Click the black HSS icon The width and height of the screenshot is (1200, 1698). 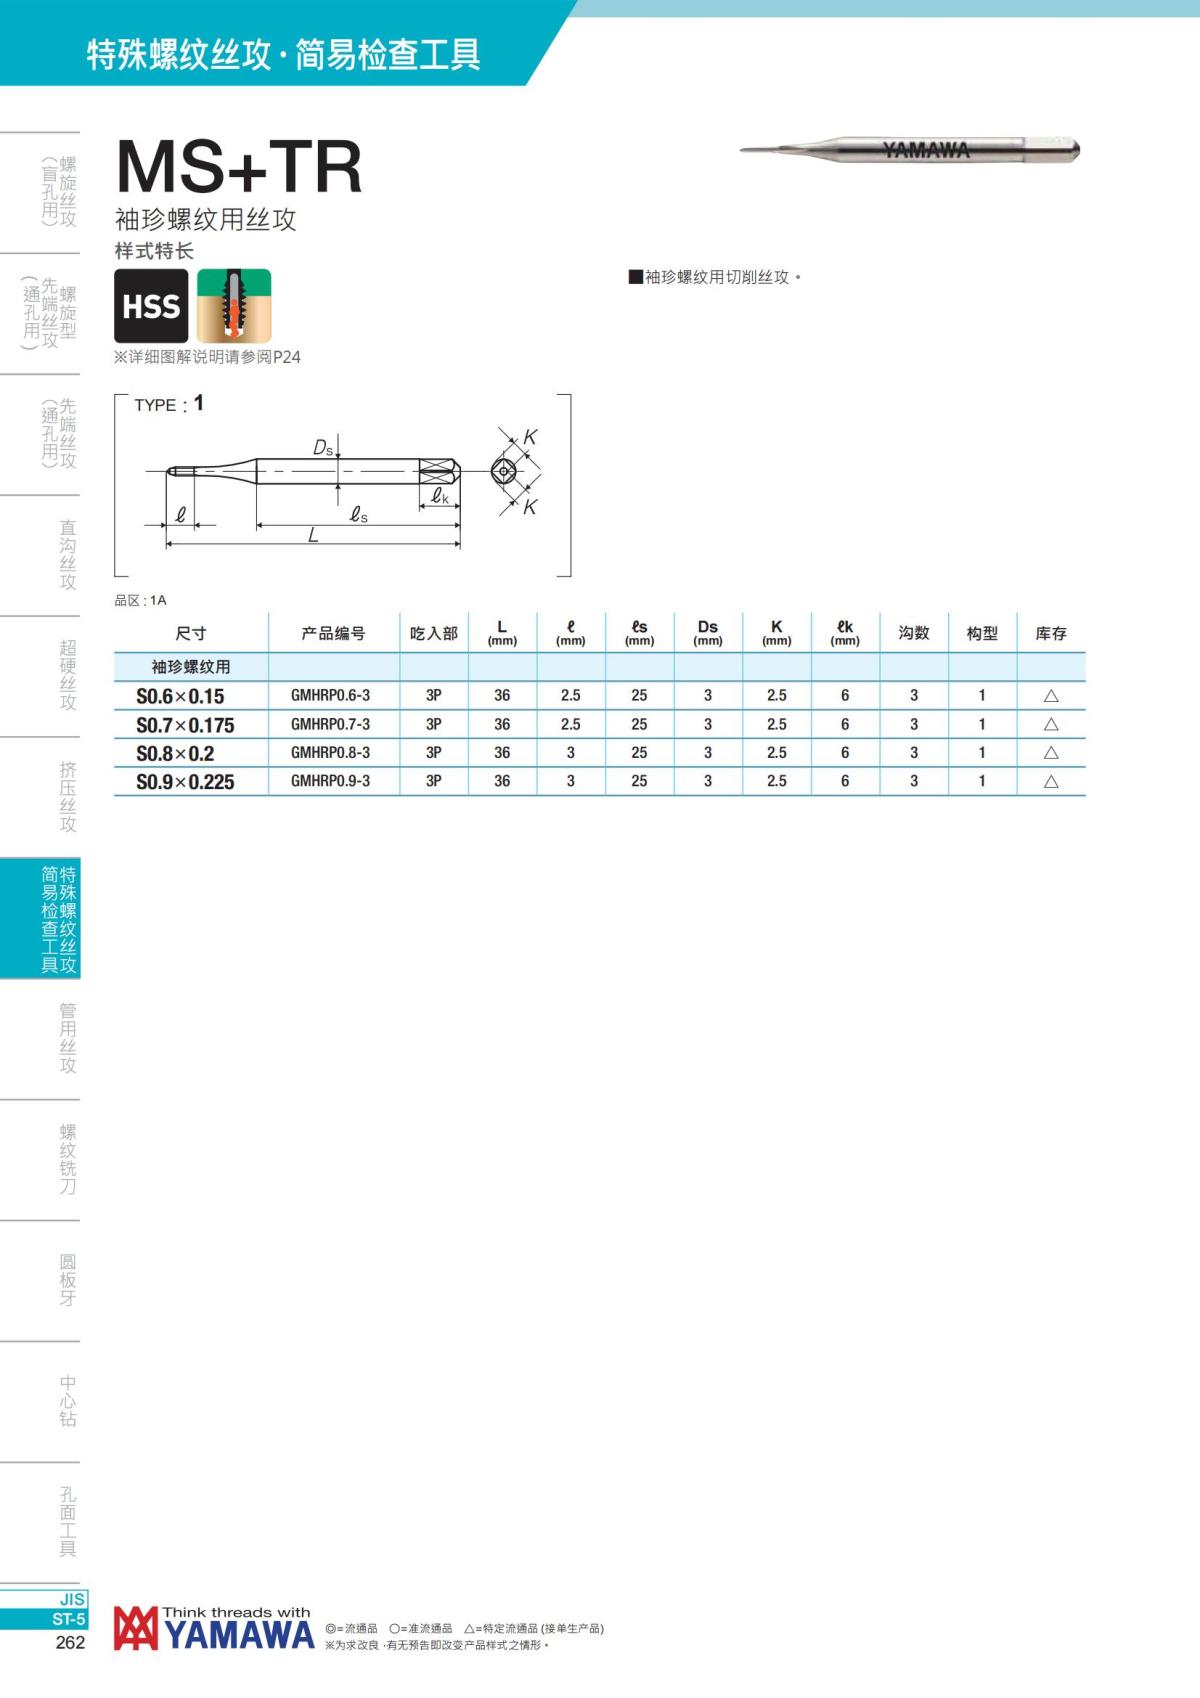click(x=151, y=306)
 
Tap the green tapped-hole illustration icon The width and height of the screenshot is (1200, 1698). click(x=233, y=306)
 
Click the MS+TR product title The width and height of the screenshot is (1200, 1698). click(x=239, y=167)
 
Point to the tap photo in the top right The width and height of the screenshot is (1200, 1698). click(x=910, y=149)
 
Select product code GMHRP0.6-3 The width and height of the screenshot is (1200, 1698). click(x=331, y=695)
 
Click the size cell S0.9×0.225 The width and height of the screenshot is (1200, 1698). click(x=185, y=782)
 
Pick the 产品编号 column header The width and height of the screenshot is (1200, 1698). click(x=333, y=633)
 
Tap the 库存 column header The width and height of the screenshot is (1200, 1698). click(x=1051, y=633)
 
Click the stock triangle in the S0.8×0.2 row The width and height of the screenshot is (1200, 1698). click(x=1051, y=753)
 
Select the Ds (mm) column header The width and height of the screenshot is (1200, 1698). click(x=707, y=632)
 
